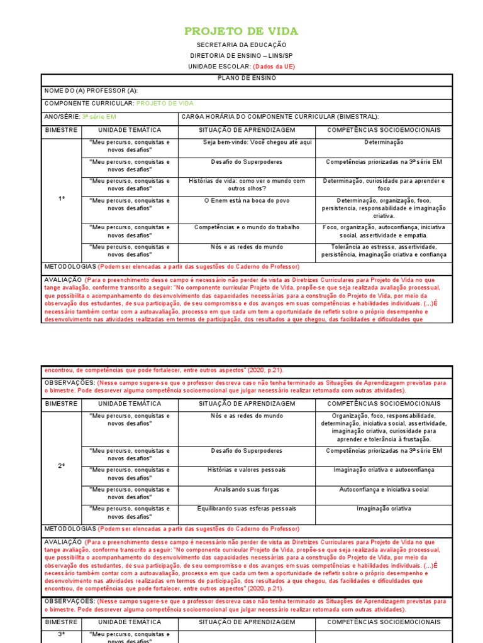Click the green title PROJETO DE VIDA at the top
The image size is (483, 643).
tap(241, 31)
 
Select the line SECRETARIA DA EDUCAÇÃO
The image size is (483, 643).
tap(241, 45)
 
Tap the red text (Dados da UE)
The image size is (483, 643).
tap(274, 67)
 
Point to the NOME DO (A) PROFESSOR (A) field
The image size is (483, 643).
tap(91, 91)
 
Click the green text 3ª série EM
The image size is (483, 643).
tap(99, 117)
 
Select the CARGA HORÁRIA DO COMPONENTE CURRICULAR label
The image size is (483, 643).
tap(280, 117)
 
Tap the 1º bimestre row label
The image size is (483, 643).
tap(62, 198)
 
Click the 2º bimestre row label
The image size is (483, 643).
tap(62, 467)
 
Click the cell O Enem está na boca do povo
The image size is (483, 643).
tap(247, 200)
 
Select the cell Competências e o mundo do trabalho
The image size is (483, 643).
tap(247, 227)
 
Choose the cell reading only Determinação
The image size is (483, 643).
tap(384, 143)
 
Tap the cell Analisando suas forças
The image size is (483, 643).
tap(247, 489)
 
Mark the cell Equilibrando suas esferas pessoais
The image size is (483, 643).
tap(247, 509)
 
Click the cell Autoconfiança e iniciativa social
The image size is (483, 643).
tap(384, 489)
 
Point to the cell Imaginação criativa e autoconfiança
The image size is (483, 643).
tap(384, 470)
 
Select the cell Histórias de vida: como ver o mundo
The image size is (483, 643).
tap(247, 185)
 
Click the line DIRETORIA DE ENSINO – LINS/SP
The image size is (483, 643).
tap(241, 56)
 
